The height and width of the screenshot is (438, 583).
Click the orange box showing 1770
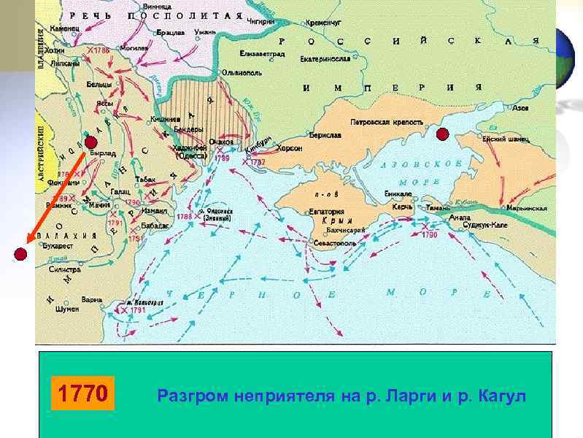(x=82, y=395)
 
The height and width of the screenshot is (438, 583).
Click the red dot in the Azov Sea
(x=442, y=134)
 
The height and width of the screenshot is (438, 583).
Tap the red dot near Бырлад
(x=90, y=142)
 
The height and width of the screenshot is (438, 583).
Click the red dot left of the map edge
(x=20, y=254)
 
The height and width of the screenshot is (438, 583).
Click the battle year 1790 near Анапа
(x=428, y=235)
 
